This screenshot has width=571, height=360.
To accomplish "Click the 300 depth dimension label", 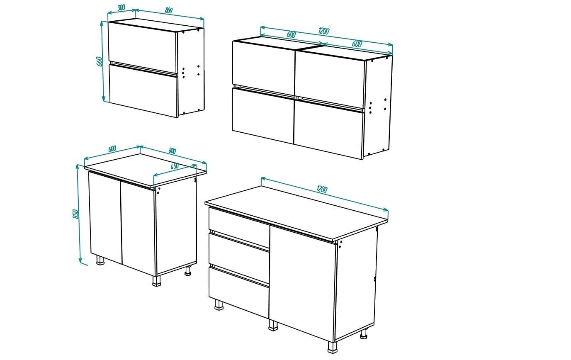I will [x=121, y=8].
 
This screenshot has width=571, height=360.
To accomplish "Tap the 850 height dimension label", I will [x=75, y=214].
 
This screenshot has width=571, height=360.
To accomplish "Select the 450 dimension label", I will [x=174, y=166].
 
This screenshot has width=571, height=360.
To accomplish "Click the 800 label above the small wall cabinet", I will [x=168, y=11].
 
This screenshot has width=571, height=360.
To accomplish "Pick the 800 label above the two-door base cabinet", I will [x=173, y=151].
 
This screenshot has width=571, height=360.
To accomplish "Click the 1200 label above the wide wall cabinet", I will [x=323, y=31].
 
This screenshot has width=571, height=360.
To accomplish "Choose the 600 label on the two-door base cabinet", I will [x=112, y=148].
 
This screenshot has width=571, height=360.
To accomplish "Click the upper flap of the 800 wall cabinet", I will [x=142, y=46].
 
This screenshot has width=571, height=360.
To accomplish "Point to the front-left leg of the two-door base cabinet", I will [x=100, y=260].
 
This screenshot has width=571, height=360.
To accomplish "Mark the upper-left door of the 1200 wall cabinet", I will [x=263, y=64].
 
